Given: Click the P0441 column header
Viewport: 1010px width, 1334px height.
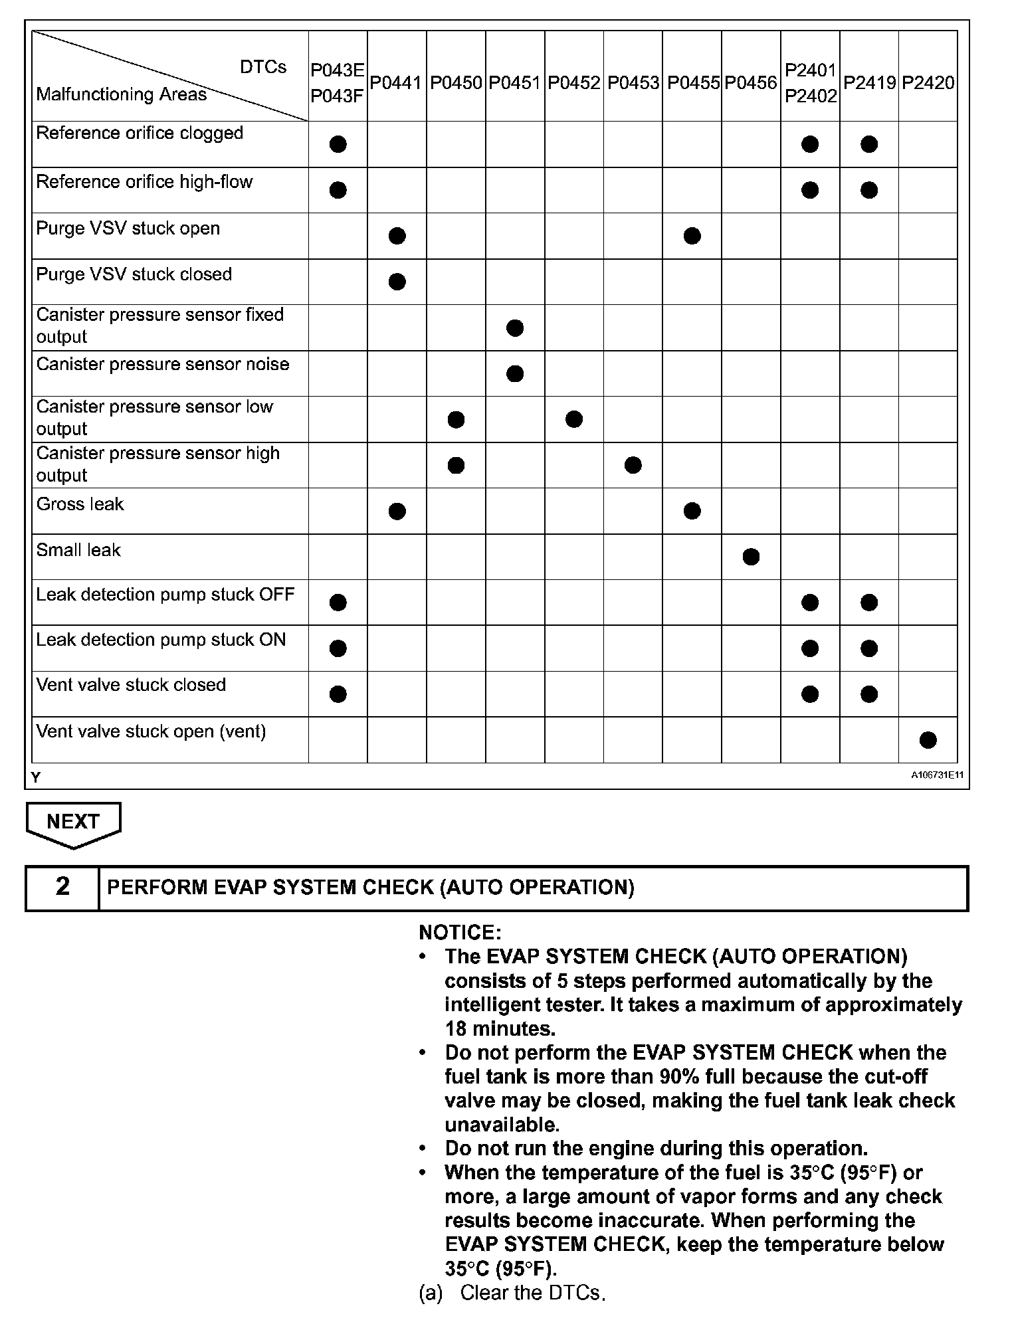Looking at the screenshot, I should pyautogui.click(x=396, y=83).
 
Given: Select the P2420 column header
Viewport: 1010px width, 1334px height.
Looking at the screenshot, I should pyautogui.click(x=928, y=83).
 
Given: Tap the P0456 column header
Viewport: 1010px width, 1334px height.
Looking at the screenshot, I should pyautogui.click(x=751, y=83).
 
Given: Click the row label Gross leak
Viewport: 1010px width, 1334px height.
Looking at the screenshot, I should pyautogui.click(x=80, y=504).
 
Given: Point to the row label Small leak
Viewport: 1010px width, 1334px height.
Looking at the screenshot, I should pyautogui.click(x=78, y=550).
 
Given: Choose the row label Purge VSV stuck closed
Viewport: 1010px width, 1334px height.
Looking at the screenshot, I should pyautogui.click(x=134, y=274).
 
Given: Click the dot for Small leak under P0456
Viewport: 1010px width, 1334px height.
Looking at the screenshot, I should pyautogui.click(x=751, y=557).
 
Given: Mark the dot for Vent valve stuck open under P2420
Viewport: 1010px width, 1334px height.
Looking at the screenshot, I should pyautogui.click(x=928, y=740).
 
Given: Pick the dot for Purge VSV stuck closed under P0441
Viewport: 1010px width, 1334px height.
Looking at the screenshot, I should pyautogui.click(x=397, y=282).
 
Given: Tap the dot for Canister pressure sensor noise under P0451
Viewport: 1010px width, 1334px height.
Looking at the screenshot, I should pyautogui.click(x=515, y=374).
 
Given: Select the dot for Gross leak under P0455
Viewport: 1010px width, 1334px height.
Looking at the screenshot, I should pyautogui.click(x=692, y=511).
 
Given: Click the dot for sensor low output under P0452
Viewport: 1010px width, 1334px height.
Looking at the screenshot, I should pyautogui.click(x=574, y=419).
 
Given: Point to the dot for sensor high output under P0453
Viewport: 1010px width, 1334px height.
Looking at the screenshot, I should pyautogui.click(x=633, y=465).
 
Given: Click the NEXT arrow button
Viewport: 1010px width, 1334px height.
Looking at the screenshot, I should pyautogui.click(x=73, y=822).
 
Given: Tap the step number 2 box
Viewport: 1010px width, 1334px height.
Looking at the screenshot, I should pyautogui.click(x=62, y=887).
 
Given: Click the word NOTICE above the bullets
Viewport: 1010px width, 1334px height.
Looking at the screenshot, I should pyautogui.click(x=460, y=932).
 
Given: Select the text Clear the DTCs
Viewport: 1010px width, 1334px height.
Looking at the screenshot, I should pyautogui.click(x=532, y=1293).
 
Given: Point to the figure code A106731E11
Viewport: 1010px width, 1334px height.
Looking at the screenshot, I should pyautogui.click(x=937, y=775).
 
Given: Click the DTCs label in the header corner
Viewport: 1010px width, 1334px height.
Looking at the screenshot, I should pyautogui.click(x=263, y=67).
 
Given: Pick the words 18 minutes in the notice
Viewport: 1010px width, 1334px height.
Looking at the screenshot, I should pyautogui.click(x=499, y=1028).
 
